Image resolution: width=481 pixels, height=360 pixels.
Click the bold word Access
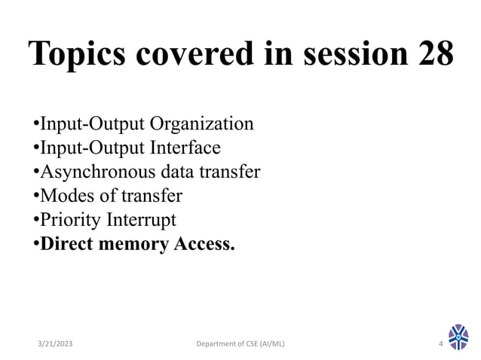pos(202,244)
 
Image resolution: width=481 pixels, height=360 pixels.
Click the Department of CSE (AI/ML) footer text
pos(240,344)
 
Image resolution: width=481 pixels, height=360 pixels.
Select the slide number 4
pos(440,344)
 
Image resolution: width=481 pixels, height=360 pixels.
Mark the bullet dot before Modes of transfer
pos(35,197)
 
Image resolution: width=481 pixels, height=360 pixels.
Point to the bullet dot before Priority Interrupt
pos(35,221)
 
